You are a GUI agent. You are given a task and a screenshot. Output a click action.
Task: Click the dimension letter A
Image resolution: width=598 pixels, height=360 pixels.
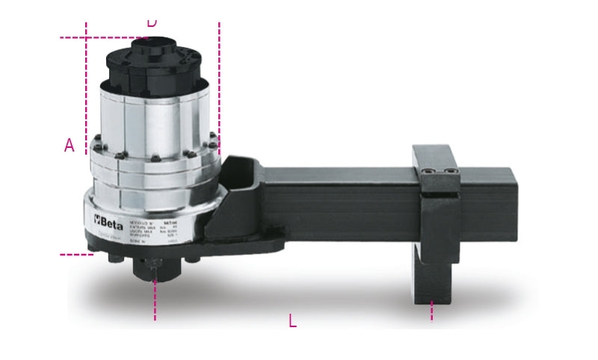(x=70, y=145)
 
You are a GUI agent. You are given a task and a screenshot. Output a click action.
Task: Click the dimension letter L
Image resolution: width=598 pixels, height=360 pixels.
(x=292, y=321)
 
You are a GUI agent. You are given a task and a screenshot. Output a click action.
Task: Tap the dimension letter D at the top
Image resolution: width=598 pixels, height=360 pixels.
(x=152, y=22)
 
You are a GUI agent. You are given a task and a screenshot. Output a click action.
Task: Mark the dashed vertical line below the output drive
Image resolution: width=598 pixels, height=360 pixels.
(x=155, y=302)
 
